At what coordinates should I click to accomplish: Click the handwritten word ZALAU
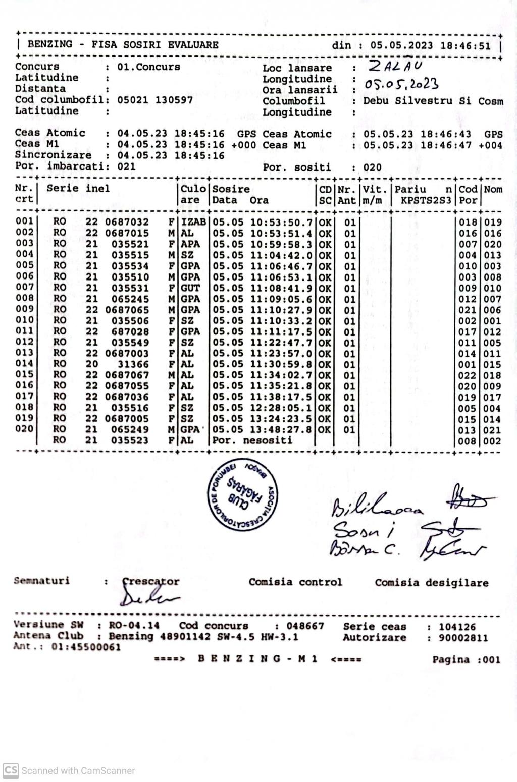pos(395,66)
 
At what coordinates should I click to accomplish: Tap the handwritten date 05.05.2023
pos(402,84)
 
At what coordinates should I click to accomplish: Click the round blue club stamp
pos(242,494)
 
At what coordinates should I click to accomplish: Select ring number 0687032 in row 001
pos(127,222)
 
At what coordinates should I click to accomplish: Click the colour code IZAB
pos(193,222)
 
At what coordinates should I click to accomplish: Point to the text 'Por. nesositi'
pos(252,440)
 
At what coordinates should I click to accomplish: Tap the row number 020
pos(24,429)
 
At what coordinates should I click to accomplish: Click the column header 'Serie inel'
pos(78,189)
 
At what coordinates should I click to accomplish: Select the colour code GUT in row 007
pos(190,288)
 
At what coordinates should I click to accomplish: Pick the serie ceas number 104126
pos(457,627)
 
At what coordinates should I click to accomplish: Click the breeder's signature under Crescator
pos(149,597)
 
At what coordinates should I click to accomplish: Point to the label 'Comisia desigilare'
pos(431,583)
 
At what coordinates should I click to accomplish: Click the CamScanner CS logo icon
pos(11,770)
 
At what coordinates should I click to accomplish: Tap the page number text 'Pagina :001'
pos(466,659)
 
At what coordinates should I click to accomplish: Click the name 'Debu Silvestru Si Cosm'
pos(433,101)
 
